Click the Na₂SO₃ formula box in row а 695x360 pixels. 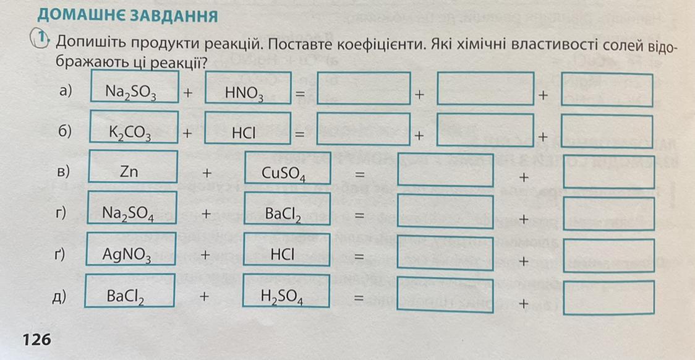(134, 87)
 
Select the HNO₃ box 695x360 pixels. (248, 87)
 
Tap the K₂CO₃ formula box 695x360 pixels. (134, 127)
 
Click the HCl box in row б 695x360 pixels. (248, 128)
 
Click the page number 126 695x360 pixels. (36, 340)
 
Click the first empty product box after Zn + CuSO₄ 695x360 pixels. (445, 170)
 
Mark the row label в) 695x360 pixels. (64, 171)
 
